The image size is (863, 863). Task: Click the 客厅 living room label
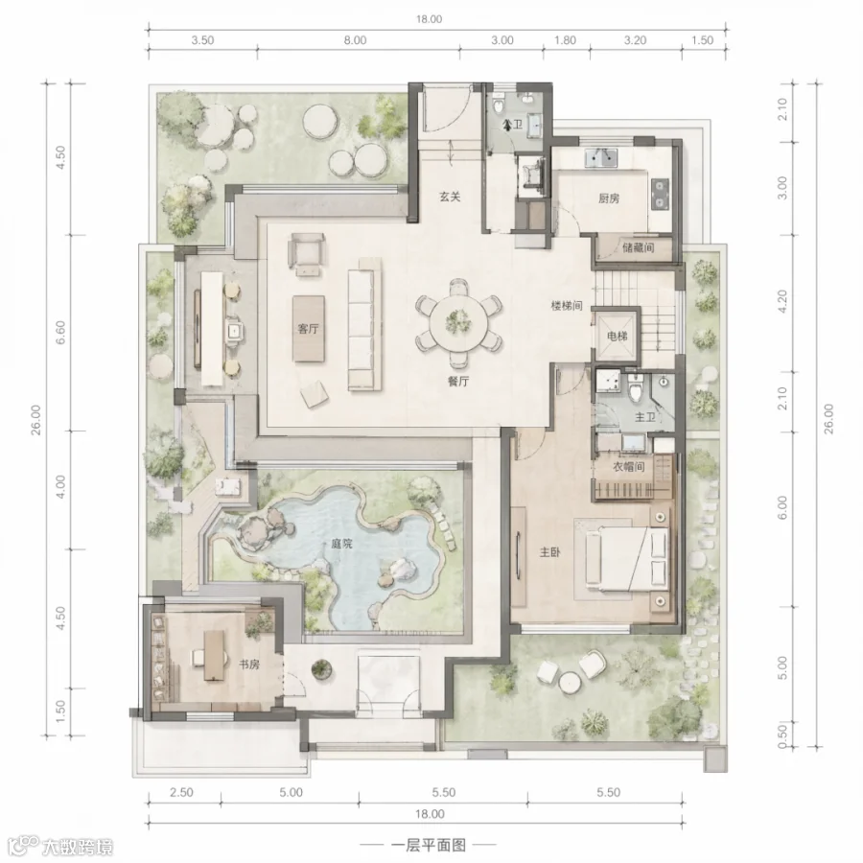(308, 329)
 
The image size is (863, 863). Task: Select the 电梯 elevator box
(617, 336)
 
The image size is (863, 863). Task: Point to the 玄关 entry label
(450, 196)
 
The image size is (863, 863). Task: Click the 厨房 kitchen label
(609, 198)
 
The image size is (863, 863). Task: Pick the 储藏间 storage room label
(638, 247)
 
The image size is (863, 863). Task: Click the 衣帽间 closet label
(628, 467)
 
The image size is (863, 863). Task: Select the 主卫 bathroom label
(645, 417)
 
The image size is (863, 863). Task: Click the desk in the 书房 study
(214, 655)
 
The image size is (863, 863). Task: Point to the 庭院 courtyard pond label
(341, 545)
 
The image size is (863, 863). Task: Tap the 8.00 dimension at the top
(355, 40)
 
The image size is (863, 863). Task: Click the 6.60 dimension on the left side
(60, 333)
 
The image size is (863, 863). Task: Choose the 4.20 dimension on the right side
(782, 302)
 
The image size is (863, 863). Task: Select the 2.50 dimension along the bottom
(181, 792)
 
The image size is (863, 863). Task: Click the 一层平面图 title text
(429, 845)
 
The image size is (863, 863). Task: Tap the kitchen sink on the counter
(601, 157)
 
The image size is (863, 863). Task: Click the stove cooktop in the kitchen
(660, 195)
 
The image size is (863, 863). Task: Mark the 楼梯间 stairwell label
(567, 306)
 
